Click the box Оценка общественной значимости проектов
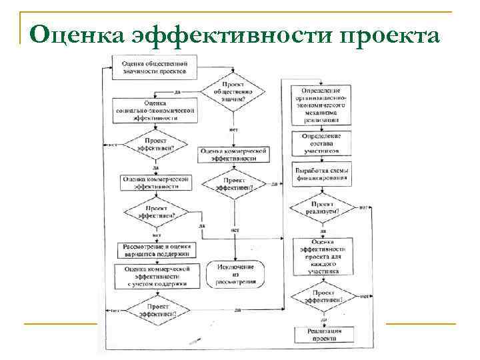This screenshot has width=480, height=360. pyautogui.click(x=154, y=67)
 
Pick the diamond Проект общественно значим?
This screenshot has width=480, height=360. pyautogui.click(x=233, y=91)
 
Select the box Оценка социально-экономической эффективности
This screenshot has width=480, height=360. pyautogui.click(x=155, y=111)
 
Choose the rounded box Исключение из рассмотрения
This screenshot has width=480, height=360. pyautogui.click(x=235, y=274)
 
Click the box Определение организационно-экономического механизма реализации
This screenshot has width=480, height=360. pyautogui.click(x=321, y=105)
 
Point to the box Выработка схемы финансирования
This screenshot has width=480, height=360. pyautogui.click(x=321, y=174)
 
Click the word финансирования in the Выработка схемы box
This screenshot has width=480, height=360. pyautogui.click(x=321, y=178)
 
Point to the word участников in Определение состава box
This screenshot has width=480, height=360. pyautogui.click(x=321, y=151)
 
